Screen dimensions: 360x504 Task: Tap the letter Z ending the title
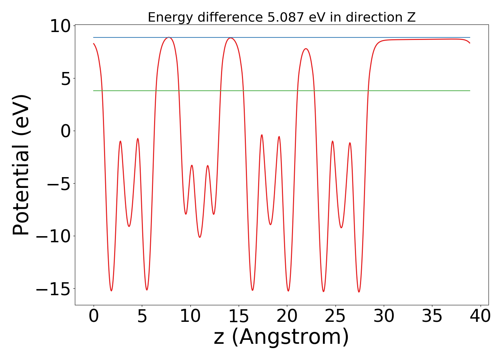tap(411, 17)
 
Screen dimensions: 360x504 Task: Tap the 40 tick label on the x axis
tap(480, 316)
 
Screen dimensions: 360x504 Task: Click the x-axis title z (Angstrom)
tap(282, 337)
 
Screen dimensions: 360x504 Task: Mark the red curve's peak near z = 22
tap(306, 49)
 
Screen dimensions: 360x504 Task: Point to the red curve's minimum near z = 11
tap(200, 237)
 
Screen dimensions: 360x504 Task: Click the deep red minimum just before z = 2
tap(111, 291)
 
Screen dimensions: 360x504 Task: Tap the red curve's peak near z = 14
tap(230, 38)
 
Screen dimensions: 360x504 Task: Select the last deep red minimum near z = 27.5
tap(359, 292)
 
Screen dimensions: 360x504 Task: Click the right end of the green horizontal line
tap(470, 91)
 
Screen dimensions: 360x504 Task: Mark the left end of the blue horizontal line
tap(94, 37)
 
